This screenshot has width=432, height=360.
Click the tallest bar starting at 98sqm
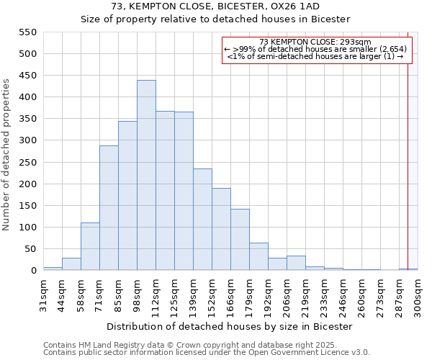146,175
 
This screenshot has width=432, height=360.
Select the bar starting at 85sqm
127,196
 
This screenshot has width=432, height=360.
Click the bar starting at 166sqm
240,240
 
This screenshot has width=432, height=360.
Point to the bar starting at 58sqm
90,246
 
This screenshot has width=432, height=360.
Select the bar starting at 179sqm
258,256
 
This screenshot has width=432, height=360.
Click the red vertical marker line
408,158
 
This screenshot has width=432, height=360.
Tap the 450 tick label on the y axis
27,76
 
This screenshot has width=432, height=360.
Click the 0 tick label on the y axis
33,271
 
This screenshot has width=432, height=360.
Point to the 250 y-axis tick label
27,163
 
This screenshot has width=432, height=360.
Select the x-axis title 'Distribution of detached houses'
230,326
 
